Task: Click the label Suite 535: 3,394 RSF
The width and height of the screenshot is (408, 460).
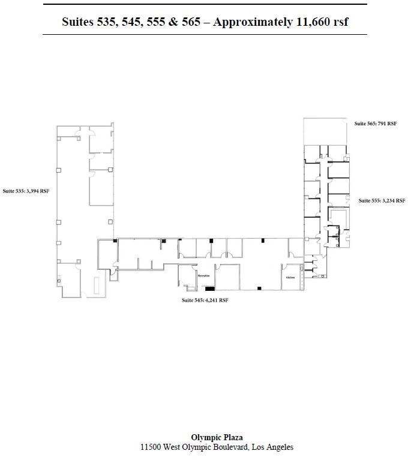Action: click(26, 191)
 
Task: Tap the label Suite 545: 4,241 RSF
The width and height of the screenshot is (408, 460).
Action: click(205, 300)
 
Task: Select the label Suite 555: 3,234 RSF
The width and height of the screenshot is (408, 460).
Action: click(382, 200)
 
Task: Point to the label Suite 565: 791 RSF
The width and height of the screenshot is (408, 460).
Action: click(375, 124)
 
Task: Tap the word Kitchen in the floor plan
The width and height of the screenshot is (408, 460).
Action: click(290, 277)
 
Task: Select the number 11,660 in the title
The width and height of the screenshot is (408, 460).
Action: click(312, 22)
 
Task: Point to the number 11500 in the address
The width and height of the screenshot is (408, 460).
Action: click(151, 447)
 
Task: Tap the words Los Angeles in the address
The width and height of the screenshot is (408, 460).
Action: click(273, 447)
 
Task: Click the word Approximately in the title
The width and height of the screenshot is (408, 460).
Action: click(249, 22)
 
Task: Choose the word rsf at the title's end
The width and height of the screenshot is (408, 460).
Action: click(340, 22)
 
